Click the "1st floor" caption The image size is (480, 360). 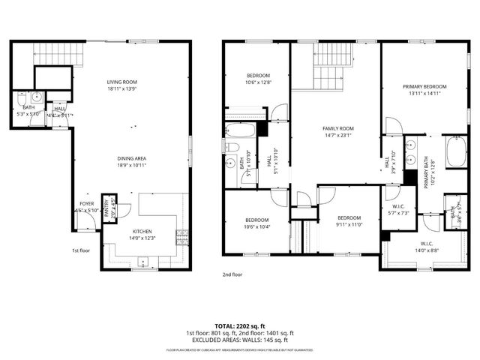82,250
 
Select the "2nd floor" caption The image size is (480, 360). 232,274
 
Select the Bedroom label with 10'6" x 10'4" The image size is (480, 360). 256,223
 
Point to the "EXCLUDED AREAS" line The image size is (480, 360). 240,340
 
